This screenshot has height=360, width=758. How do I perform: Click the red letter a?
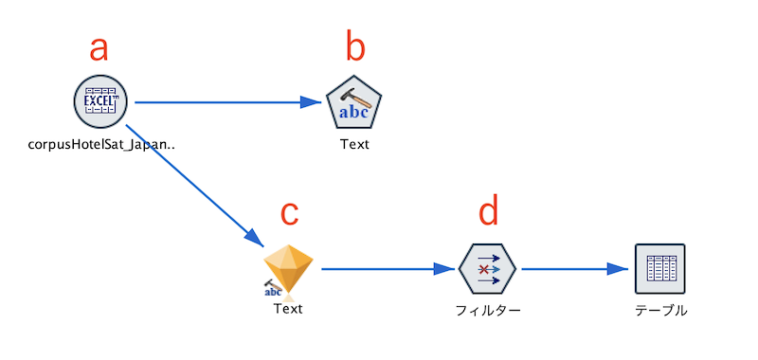point(99,47)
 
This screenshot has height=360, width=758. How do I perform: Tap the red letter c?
point(291,214)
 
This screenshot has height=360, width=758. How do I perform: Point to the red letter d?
point(487,210)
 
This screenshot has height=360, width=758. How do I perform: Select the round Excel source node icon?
point(100,100)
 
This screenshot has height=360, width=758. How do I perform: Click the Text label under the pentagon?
point(354,145)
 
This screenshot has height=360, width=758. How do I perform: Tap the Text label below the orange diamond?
point(288,307)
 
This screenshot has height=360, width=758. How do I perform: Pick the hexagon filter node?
point(488,269)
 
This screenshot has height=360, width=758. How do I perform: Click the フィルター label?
point(488,310)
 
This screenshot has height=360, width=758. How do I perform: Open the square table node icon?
point(659,269)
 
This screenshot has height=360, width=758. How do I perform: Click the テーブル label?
point(660,310)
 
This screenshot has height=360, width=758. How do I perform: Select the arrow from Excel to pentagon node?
point(227,101)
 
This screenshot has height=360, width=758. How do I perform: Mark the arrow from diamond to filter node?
point(388,269)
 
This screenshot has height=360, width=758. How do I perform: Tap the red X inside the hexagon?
point(484,270)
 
